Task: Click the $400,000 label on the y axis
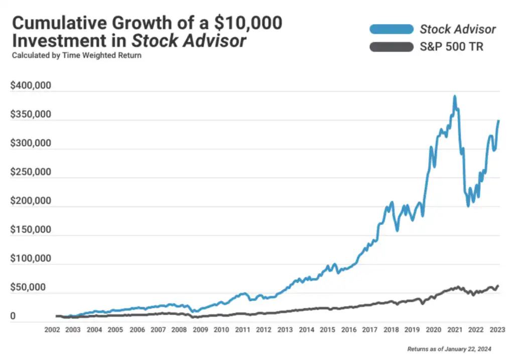[x=31, y=86]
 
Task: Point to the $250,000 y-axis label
[x=31, y=172]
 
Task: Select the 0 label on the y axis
[x=13, y=317]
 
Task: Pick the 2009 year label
[x=200, y=330]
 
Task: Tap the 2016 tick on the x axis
[x=348, y=330]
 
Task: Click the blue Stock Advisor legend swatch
[x=391, y=29]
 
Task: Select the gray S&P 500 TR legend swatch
[x=391, y=48]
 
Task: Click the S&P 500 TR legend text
[x=451, y=48]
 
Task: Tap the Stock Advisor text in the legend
[x=457, y=29]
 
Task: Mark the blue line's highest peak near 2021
[x=455, y=96]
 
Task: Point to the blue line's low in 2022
[x=468, y=205]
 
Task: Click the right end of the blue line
[x=498, y=121]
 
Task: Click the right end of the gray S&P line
[x=498, y=286]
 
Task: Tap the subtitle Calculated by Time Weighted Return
[x=76, y=55]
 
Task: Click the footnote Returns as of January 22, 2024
[x=449, y=348]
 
